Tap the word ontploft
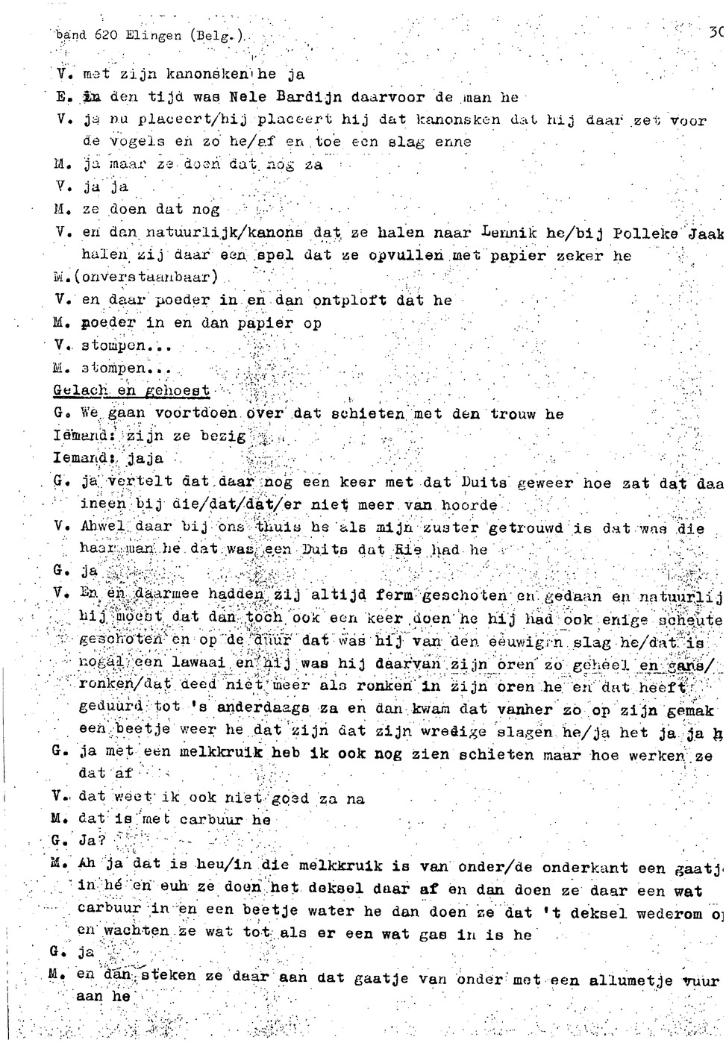point(349,301)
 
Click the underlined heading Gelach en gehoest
point(131,391)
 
